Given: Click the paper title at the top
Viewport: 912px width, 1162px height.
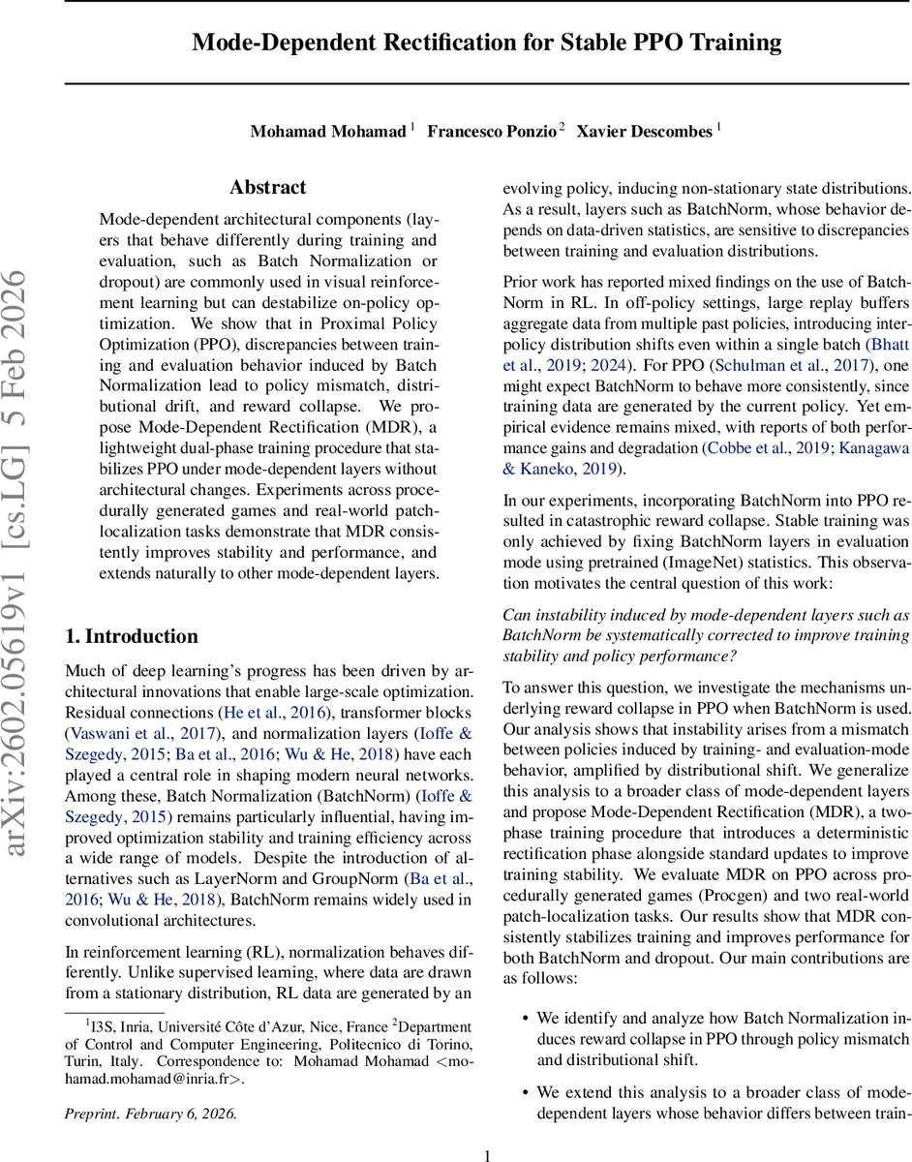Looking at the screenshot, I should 487,43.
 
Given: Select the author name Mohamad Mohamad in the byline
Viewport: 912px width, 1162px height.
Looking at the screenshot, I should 328,131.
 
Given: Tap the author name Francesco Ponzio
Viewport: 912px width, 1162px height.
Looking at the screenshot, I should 492,131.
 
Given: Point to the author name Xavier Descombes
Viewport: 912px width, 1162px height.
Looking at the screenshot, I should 645,131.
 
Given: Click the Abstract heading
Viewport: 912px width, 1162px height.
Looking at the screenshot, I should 267,187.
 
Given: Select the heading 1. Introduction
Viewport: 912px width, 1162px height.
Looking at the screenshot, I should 131,636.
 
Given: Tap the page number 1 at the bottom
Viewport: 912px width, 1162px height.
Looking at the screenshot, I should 487,1154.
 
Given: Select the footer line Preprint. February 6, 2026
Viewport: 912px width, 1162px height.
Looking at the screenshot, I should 151,1114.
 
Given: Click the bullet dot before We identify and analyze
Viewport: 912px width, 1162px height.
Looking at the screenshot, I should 525,1019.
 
